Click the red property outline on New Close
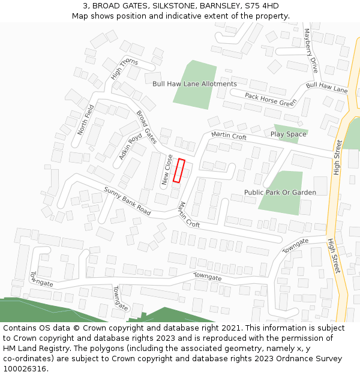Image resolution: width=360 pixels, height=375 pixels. pos(178,170)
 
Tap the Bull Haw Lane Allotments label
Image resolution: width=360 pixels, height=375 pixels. pos(194,84)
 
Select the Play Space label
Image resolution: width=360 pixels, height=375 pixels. pos(288,134)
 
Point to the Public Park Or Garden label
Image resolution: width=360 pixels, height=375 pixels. pos(280,193)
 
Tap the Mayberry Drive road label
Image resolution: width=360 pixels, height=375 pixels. pos(310,50)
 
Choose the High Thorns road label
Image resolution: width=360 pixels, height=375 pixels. pos(124,70)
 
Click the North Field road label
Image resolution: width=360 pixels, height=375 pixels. pos(86,119)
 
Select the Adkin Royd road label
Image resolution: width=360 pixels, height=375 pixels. pos(131,146)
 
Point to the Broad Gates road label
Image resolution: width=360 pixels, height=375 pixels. pos(146,127)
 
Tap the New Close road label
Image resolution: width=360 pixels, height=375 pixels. pos(167,169)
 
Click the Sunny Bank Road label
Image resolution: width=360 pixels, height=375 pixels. pos(127,201)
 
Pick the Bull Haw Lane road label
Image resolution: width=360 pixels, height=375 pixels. pos(326,88)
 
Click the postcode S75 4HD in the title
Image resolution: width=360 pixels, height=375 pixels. pos(262,5)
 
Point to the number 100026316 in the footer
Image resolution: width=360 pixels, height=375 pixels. pos(24,369)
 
